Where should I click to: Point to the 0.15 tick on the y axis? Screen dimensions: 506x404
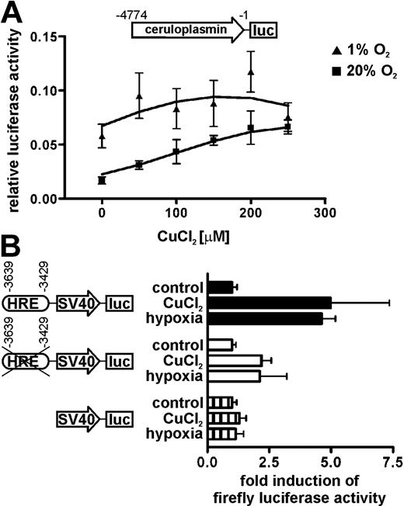pos(51,36)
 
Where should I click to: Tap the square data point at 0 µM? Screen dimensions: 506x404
pos(102,180)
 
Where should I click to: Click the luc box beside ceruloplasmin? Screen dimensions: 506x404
pos(265,30)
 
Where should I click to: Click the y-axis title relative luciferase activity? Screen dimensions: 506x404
pos(13,116)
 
